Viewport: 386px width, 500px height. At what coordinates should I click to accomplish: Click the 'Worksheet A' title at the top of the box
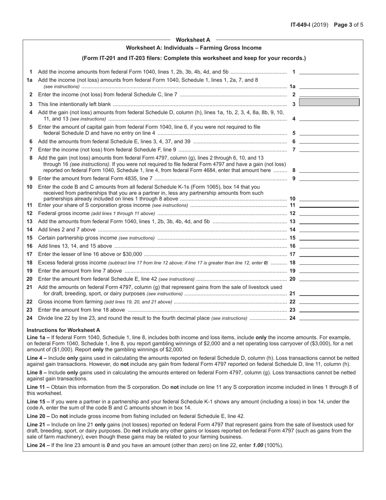[193, 40]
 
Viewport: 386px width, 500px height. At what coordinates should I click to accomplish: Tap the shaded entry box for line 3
[329, 102]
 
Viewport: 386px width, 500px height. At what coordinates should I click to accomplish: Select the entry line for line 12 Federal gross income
[329, 213]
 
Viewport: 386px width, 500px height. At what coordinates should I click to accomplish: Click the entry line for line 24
[329, 318]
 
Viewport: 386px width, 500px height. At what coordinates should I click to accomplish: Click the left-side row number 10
[29, 187]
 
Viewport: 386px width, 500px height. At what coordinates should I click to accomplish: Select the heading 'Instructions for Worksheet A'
[63, 330]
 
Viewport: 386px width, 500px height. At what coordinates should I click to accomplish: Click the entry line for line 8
[329, 170]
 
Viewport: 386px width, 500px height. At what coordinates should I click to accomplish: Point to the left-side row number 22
[29, 302]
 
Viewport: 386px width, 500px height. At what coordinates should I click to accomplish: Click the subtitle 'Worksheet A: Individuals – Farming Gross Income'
[193, 48]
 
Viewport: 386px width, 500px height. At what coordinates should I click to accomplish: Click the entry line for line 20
[329, 279]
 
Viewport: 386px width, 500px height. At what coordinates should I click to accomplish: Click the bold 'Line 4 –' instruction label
[37, 358]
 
